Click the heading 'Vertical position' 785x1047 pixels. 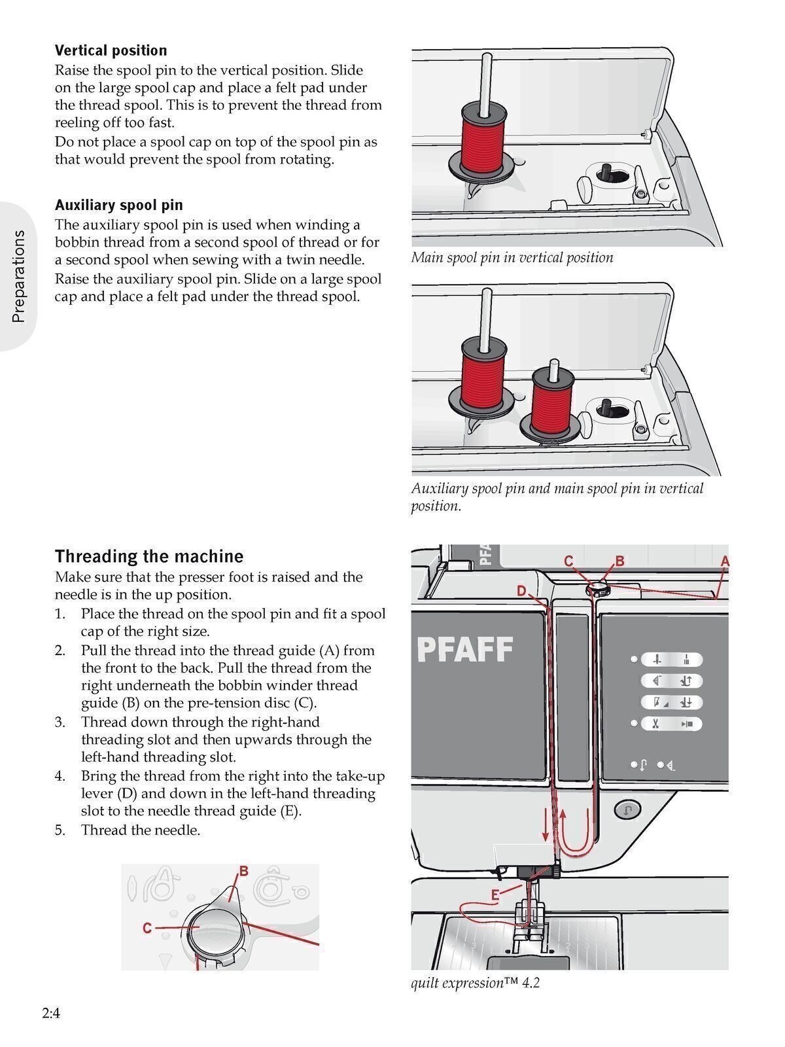tap(111, 50)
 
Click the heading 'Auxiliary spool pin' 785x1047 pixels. tap(118, 205)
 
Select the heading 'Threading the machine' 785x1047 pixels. tap(148, 556)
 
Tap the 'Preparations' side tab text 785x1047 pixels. tap(18, 275)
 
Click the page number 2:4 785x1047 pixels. tap(51, 1014)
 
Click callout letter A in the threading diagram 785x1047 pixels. tap(724, 561)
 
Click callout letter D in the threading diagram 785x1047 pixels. tap(521, 591)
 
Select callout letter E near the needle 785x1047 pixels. tap(495, 895)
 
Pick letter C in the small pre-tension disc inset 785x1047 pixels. tap(147, 928)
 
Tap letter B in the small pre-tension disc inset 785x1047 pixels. tap(243, 871)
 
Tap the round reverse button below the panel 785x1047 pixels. tap(627, 809)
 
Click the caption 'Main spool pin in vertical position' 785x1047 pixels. tap(512, 257)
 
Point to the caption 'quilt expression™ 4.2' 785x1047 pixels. tap(475, 983)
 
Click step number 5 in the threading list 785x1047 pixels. tap(60, 830)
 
